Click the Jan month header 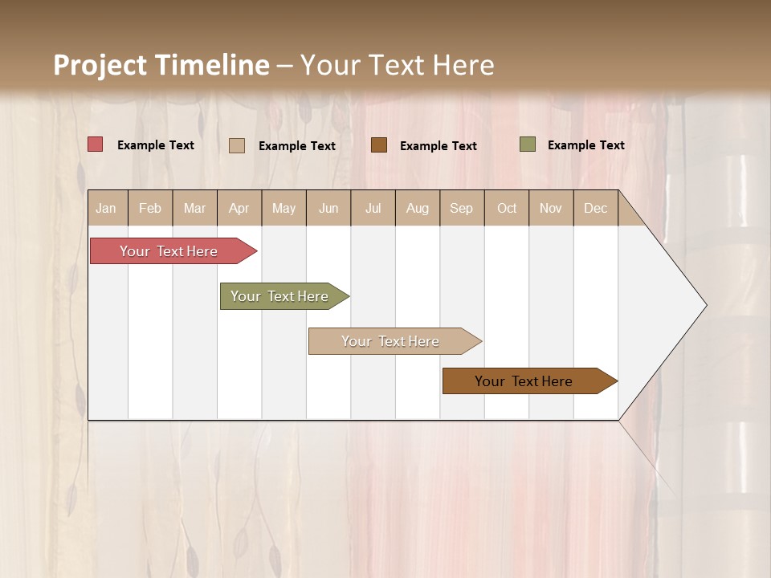click(106, 208)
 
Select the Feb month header click(150, 208)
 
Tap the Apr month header click(239, 208)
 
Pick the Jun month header click(328, 208)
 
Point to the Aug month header click(417, 208)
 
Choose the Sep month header click(461, 208)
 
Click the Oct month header click(506, 208)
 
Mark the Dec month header click(595, 208)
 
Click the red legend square click(96, 144)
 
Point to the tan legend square click(237, 145)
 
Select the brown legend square click(379, 145)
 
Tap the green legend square click(528, 144)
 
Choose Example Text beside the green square click(585, 145)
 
